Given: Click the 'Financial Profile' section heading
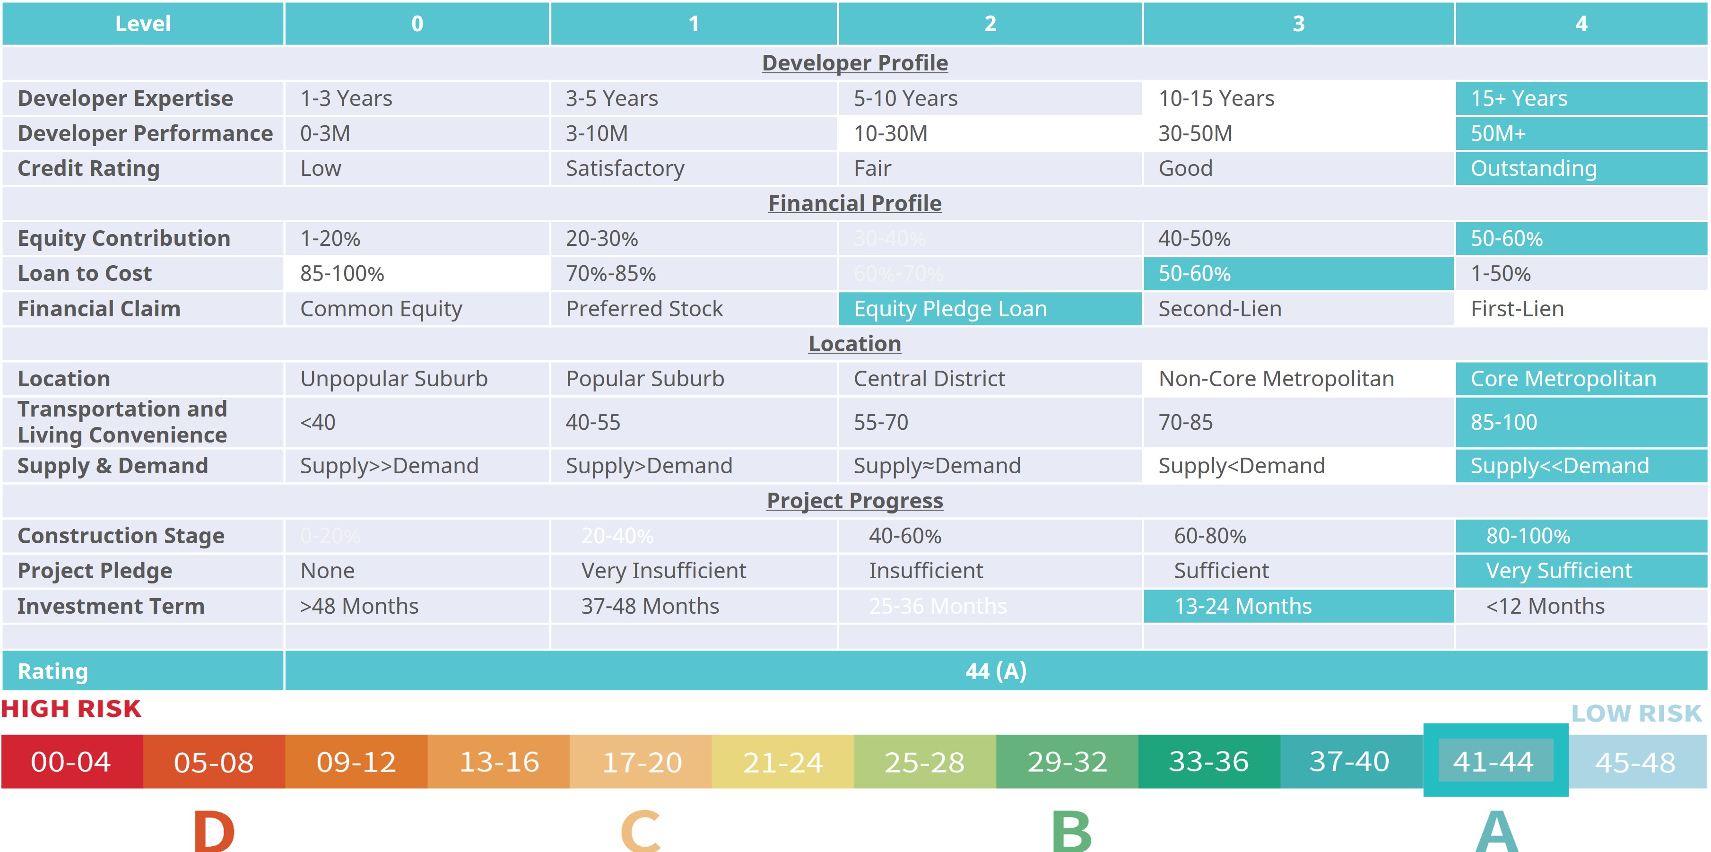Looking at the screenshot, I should tap(854, 203).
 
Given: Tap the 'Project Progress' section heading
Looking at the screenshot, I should tap(854, 501).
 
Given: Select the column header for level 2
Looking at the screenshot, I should tap(990, 24).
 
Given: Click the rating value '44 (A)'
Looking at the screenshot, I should tap(995, 671).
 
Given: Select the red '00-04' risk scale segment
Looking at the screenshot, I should tap(71, 762).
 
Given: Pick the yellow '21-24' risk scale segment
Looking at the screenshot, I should tap(782, 762).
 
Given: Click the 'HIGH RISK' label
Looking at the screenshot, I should tap(71, 709).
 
